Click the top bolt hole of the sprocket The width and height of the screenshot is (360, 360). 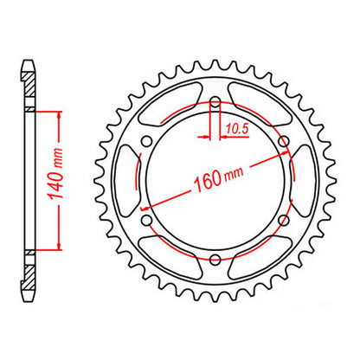[x=215, y=106]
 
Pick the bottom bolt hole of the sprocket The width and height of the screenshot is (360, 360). [x=215, y=260]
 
